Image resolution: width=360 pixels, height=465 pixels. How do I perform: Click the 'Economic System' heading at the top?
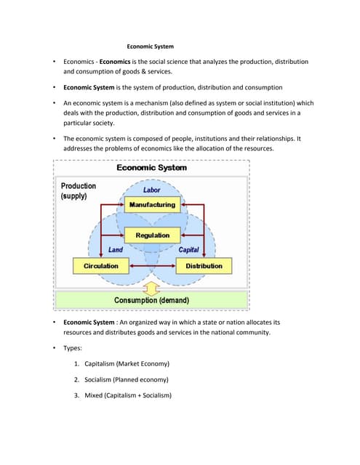[151, 47]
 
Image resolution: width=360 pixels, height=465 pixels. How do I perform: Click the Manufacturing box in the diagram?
[152, 204]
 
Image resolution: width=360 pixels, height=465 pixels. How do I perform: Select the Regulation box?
[152, 235]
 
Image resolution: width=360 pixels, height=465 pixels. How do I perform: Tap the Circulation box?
[100, 266]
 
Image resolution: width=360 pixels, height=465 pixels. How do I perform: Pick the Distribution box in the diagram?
[204, 266]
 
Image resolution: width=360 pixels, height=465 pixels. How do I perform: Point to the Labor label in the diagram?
[152, 190]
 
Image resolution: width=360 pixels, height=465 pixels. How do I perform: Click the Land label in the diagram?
[115, 250]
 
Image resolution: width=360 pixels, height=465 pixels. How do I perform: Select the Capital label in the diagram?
[188, 250]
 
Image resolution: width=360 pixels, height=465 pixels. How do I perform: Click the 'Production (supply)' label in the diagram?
[78, 191]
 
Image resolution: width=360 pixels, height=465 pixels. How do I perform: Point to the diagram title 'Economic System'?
[151, 168]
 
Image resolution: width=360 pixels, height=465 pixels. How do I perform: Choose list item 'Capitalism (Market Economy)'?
[127, 363]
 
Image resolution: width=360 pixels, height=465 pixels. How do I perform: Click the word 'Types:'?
[73, 348]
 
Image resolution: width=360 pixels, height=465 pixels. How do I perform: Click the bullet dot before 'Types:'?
[54, 348]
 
